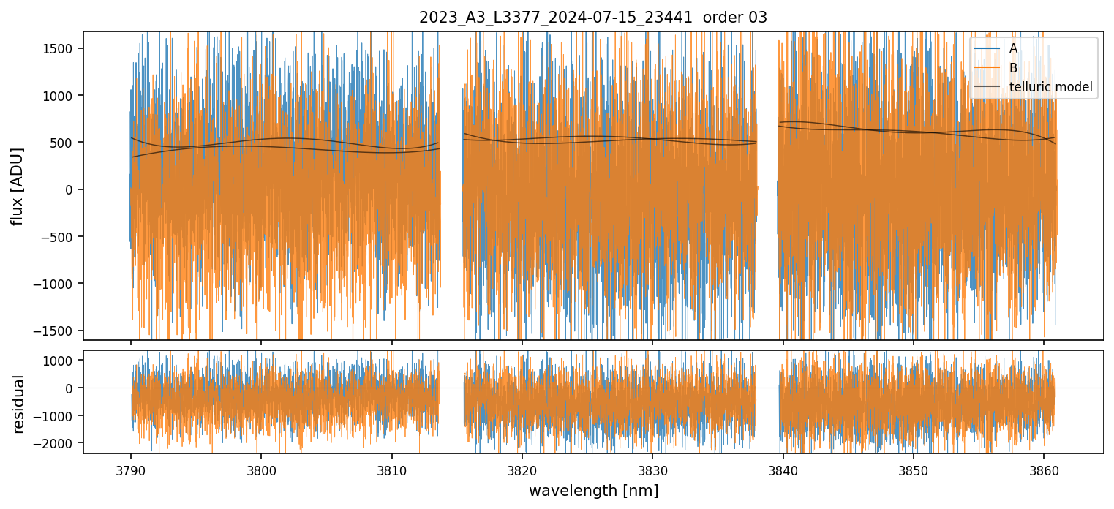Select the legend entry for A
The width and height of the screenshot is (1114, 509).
1013,48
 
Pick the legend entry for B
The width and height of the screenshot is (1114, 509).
1013,68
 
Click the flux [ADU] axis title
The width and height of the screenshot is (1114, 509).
18,186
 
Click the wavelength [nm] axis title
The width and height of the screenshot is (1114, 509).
592,490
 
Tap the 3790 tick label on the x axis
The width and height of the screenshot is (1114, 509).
131,469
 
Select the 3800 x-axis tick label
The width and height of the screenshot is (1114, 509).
261,469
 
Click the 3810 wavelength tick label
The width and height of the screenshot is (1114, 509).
391,469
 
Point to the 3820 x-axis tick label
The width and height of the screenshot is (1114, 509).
522,469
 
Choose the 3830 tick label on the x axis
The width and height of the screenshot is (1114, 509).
652,469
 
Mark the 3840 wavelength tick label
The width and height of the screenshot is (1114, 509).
783,469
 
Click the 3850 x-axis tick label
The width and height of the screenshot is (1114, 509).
914,469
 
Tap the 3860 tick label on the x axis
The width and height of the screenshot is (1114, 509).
1044,469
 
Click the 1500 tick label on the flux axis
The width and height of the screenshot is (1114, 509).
62,48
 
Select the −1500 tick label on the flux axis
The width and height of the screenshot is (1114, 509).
58,331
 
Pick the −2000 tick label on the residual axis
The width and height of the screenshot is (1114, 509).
58,443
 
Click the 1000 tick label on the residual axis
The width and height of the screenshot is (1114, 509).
62,361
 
